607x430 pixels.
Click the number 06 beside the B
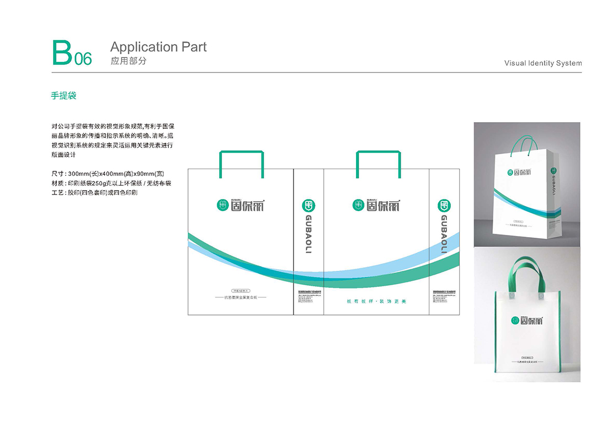coord(83,59)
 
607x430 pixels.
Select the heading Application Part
coord(158,47)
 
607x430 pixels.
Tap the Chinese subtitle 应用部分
coord(129,61)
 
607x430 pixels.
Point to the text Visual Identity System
coord(543,63)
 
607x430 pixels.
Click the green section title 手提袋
coord(63,96)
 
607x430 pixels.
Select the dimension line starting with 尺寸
coord(107,173)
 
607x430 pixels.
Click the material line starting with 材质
coord(111,183)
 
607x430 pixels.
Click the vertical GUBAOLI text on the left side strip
coord(308,234)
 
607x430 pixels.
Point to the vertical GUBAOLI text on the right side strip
coord(444,234)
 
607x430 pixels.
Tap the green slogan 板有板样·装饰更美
coord(376,301)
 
